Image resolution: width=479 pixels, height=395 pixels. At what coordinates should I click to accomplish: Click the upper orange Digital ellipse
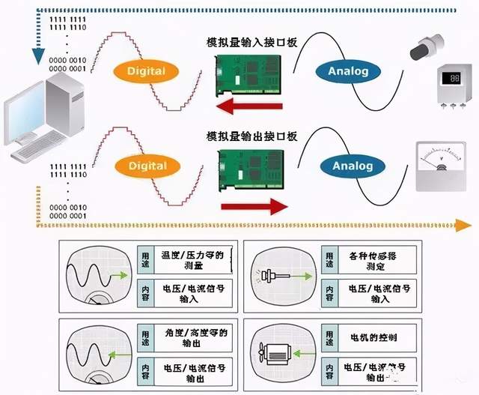[146, 72]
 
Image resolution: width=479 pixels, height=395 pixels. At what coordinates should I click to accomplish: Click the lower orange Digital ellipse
[146, 165]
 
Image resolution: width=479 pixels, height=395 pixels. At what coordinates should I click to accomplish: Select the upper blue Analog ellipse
[347, 71]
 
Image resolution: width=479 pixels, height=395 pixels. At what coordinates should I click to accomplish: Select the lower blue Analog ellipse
[347, 165]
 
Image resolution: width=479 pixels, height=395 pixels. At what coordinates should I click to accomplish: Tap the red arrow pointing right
[255, 203]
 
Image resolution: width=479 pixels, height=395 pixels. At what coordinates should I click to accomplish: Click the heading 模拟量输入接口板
[251, 43]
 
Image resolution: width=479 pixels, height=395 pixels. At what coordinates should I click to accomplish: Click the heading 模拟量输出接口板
[251, 136]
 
